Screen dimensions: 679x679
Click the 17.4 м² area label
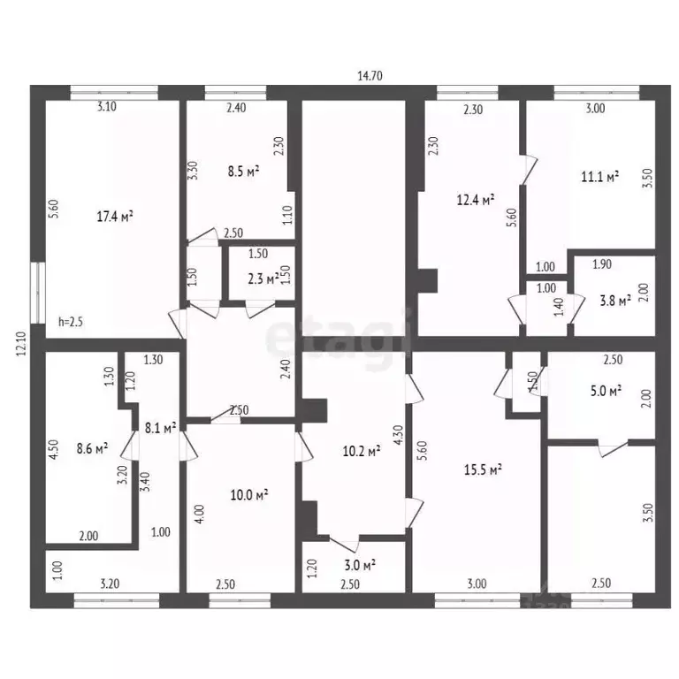(115, 215)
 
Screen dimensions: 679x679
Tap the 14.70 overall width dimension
(370, 76)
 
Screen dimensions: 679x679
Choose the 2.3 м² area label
(263, 278)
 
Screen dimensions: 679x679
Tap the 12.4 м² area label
(475, 200)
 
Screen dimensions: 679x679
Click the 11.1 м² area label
(599, 177)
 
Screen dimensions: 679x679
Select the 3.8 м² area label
(612, 301)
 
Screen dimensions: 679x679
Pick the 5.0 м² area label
(604, 389)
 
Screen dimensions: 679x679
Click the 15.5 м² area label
(484, 469)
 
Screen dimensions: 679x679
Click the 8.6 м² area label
(89, 448)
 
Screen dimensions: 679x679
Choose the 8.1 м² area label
(159, 427)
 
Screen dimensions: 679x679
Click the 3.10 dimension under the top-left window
(107, 108)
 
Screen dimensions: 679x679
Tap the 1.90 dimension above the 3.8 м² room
(602, 263)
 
